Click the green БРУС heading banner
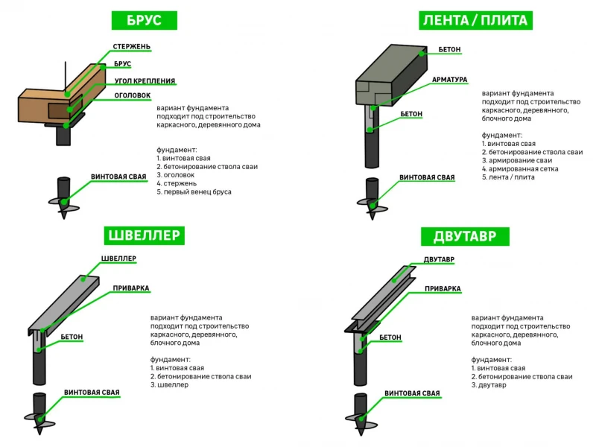coord(144,20)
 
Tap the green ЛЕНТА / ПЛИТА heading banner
coord(475,20)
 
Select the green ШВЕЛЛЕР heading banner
coord(144,235)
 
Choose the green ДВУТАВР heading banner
coord(465,236)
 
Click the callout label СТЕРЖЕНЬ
coord(132,47)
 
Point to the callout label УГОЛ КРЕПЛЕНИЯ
coord(145,81)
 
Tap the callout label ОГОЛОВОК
coord(133,95)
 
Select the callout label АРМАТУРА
coord(450,80)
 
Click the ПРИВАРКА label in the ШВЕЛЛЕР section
coord(131,288)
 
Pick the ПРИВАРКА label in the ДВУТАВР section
coord(443,289)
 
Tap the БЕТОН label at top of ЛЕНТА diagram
coord(449,49)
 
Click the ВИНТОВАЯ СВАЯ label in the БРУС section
coord(118,177)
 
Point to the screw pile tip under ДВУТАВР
coord(361,433)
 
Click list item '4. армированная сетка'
coord(520,169)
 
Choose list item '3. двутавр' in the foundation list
coord(489,385)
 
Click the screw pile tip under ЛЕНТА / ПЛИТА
coord(372,216)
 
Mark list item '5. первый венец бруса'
coord(194,192)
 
